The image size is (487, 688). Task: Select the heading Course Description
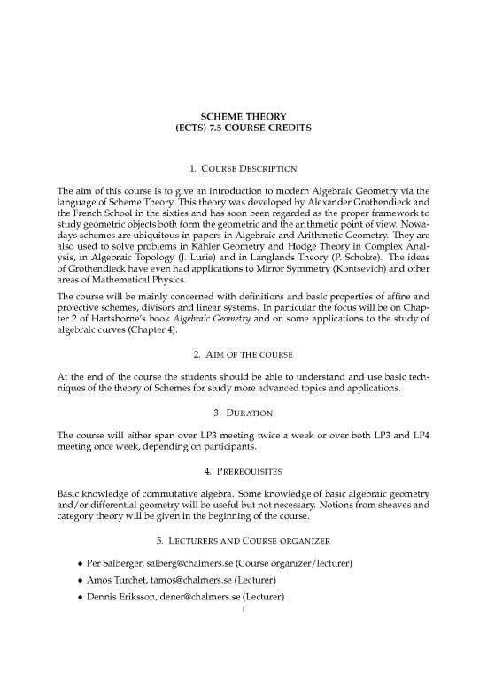pyautogui.click(x=251, y=168)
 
